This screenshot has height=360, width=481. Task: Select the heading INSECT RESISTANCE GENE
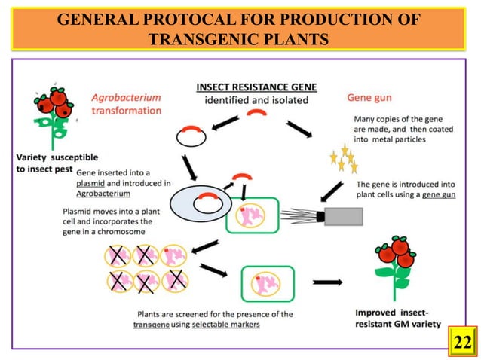pos(256,87)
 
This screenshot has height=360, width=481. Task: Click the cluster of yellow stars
pos(344,159)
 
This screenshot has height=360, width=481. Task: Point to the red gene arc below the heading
pos(256,113)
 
